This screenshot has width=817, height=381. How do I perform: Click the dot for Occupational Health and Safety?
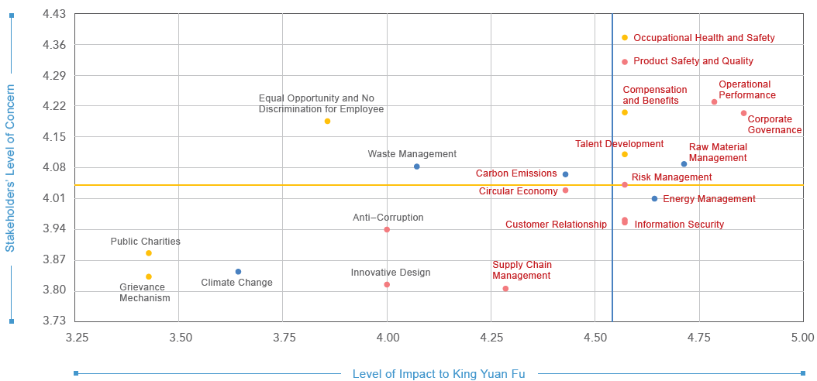click(625, 38)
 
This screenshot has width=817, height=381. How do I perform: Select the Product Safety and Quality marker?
click(625, 62)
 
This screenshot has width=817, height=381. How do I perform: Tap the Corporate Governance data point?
click(743, 113)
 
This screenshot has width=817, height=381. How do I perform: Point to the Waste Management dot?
click(417, 166)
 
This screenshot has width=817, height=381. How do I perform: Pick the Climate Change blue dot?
click(238, 272)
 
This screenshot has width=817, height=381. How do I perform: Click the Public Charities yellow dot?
click(149, 253)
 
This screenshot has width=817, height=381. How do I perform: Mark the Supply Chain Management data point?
click(505, 289)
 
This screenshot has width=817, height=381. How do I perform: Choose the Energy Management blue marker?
click(655, 199)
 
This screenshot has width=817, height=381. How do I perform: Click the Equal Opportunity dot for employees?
click(327, 122)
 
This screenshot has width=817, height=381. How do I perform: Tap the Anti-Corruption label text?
click(388, 218)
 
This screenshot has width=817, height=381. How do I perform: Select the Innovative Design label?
click(391, 273)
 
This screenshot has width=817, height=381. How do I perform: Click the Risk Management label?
click(671, 177)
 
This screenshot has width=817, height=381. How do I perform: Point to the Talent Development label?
click(619, 144)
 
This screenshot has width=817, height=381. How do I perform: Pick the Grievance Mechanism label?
click(145, 293)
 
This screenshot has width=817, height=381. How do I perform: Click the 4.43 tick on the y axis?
click(54, 14)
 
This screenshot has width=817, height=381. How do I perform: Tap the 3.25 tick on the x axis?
click(77, 338)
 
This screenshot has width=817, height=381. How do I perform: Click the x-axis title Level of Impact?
click(439, 374)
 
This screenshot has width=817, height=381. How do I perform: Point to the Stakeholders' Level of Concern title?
click(10, 168)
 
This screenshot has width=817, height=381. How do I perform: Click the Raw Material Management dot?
click(684, 164)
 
